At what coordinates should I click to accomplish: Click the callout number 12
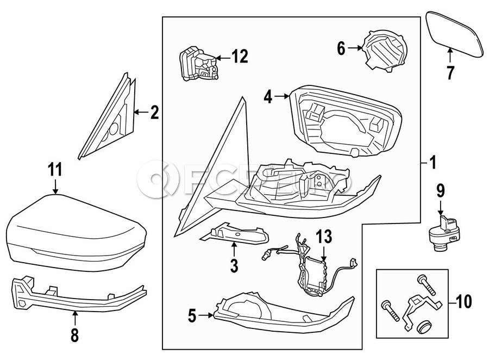point(240,55)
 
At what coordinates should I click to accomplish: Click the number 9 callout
point(440,190)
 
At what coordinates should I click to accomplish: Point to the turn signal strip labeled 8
point(76,296)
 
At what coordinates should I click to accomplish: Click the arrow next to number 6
point(355,48)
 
